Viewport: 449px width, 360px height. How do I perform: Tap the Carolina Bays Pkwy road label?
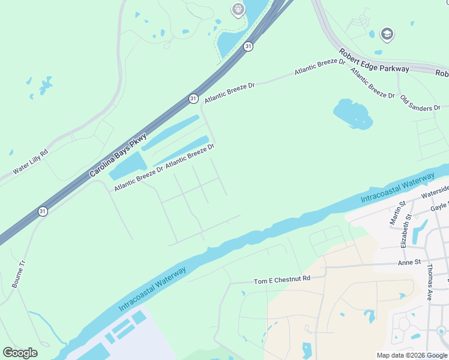[x=118, y=150]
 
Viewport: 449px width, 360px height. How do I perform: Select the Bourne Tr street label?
[x=19, y=273]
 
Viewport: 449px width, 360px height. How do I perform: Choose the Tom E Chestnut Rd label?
[x=282, y=280]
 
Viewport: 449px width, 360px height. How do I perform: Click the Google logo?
[x=20, y=353]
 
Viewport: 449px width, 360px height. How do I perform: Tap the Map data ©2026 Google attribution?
[x=411, y=355]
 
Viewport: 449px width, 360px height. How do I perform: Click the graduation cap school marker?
[x=387, y=34]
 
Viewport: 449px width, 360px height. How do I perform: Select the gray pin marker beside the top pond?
[x=238, y=8]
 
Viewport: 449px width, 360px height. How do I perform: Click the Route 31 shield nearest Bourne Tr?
[x=41, y=211]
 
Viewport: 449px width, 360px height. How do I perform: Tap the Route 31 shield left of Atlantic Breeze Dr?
[x=193, y=98]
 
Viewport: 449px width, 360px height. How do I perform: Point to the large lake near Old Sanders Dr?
[x=351, y=113]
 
